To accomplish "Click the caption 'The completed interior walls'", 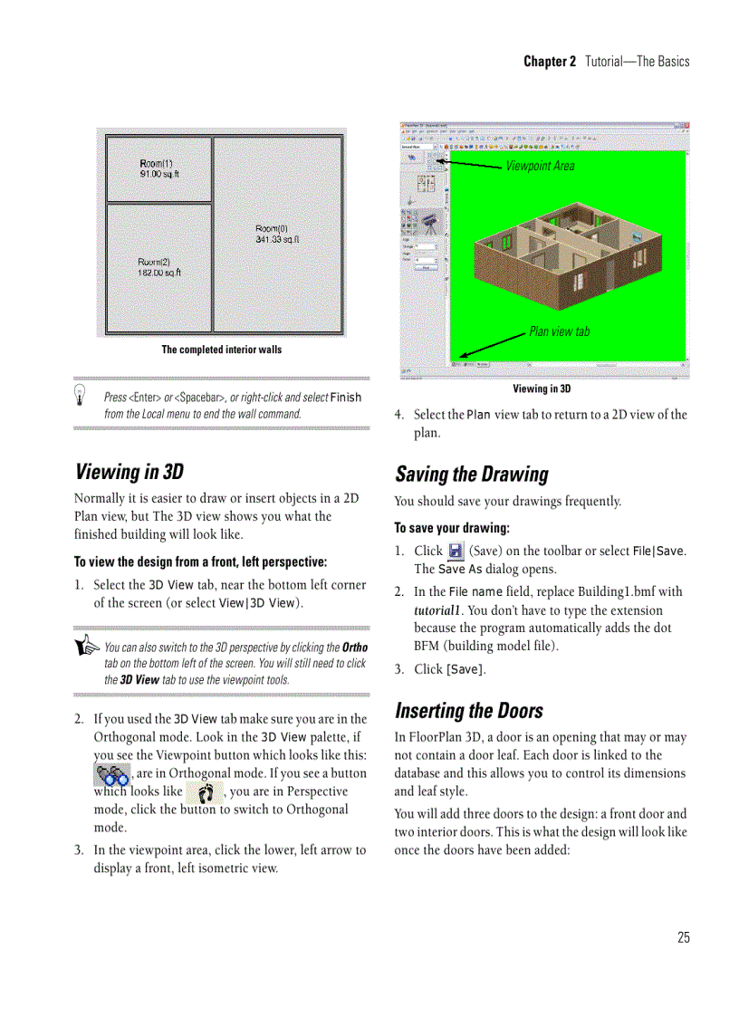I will click(x=221, y=350).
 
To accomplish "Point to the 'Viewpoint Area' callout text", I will click(x=540, y=166).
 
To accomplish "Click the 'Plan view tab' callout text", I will click(x=559, y=331).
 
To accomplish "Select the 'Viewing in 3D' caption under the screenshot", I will click(x=542, y=389).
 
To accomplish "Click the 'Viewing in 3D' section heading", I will click(x=130, y=472).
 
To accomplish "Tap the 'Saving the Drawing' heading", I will click(x=471, y=475).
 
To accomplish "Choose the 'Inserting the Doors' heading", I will click(x=468, y=710).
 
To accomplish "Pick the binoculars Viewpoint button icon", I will click(x=112, y=774).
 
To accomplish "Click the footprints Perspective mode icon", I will click(x=205, y=793).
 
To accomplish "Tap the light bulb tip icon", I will click(x=82, y=393).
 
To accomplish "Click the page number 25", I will click(x=683, y=937).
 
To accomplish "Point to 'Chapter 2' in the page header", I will click(x=549, y=62).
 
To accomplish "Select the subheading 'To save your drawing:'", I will click(x=452, y=528).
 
